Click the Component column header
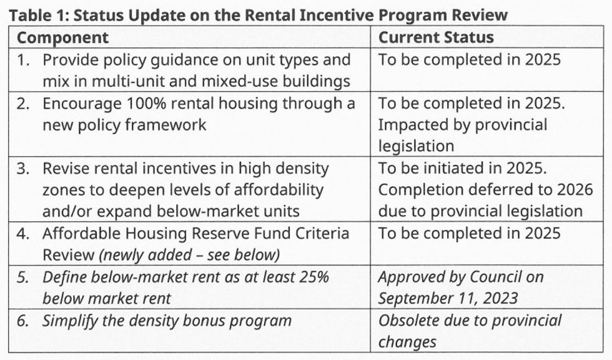click(62, 37)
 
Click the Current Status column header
click(436, 37)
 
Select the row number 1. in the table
click(23, 61)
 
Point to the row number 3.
click(23, 169)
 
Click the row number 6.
click(23, 321)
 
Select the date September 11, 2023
click(448, 298)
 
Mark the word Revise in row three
click(63, 169)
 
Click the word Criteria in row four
click(320, 234)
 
